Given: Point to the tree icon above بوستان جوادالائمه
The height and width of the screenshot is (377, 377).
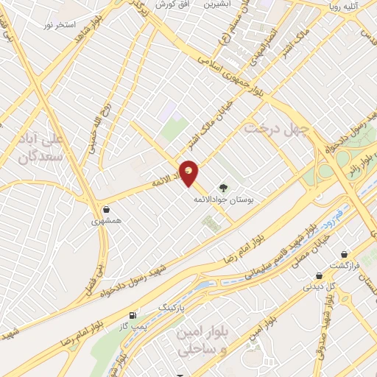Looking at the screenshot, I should point(223,187).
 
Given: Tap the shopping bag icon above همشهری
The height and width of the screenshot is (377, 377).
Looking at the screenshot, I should point(108,208).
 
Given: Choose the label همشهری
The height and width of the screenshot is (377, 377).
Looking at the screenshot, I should point(108,220).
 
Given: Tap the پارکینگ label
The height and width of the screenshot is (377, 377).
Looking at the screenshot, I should point(174,304).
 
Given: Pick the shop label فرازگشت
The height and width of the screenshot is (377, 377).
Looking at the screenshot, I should point(344,265).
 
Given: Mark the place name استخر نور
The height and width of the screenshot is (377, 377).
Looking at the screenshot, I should point(60,25).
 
